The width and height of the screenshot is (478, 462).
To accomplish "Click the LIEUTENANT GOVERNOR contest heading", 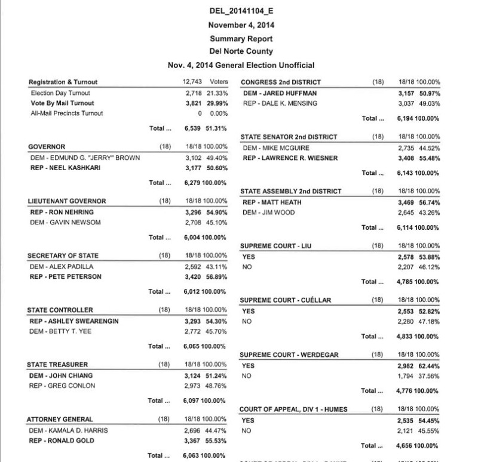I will [67, 201].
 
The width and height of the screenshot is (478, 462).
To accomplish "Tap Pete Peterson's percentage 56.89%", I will [217, 276].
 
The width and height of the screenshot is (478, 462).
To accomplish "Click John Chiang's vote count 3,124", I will [195, 375].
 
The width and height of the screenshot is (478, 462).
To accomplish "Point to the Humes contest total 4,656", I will [409, 445].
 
